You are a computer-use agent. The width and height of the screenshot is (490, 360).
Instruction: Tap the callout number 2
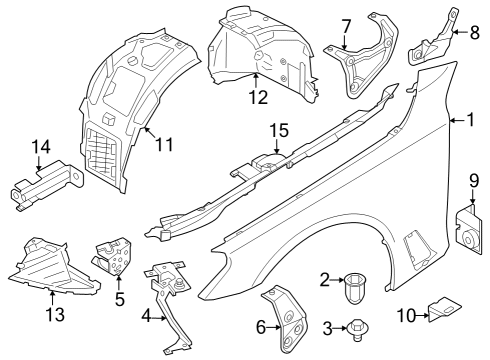pyautogui.click(x=325, y=279)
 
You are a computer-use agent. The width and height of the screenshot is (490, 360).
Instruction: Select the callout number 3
pyautogui.click(x=325, y=326)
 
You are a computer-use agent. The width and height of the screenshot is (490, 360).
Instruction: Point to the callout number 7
pyautogui.click(x=345, y=25)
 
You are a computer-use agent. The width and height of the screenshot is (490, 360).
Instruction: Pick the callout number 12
pyautogui.click(x=257, y=98)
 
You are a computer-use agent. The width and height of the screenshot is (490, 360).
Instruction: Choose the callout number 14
pyautogui.click(x=40, y=148)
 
